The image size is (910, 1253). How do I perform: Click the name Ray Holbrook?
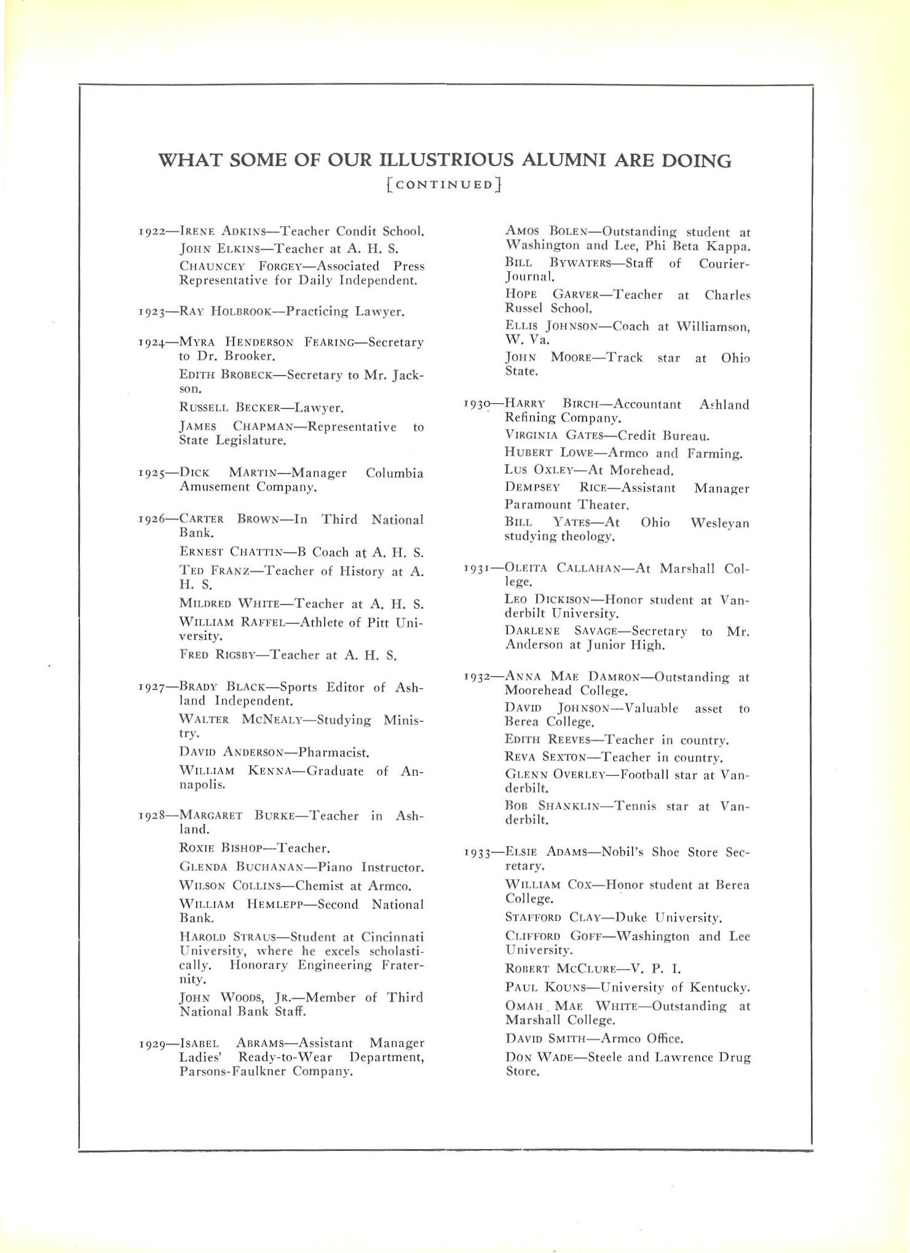coord(225,311)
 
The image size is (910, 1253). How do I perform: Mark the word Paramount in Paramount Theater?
coord(537,505)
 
